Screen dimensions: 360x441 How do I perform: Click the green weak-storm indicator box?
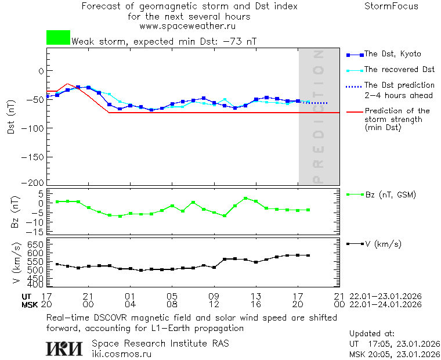click(x=58, y=38)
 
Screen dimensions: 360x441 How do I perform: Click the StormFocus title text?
click(x=391, y=6)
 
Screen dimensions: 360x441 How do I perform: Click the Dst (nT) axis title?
click(x=11, y=117)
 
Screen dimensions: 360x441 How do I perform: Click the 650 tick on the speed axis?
click(x=35, y=245)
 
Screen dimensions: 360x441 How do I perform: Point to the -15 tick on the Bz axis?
click(x=36, y=231)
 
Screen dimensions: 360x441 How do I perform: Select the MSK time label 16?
click(x=255, y=304)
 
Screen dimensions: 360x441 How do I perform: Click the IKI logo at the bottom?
click(x=64, y=348)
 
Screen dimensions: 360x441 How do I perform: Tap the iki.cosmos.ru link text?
click(x=121, y=354)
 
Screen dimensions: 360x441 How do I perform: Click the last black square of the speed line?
click(x=308, y=255)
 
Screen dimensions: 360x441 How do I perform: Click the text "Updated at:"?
click(x=372, y=334)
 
